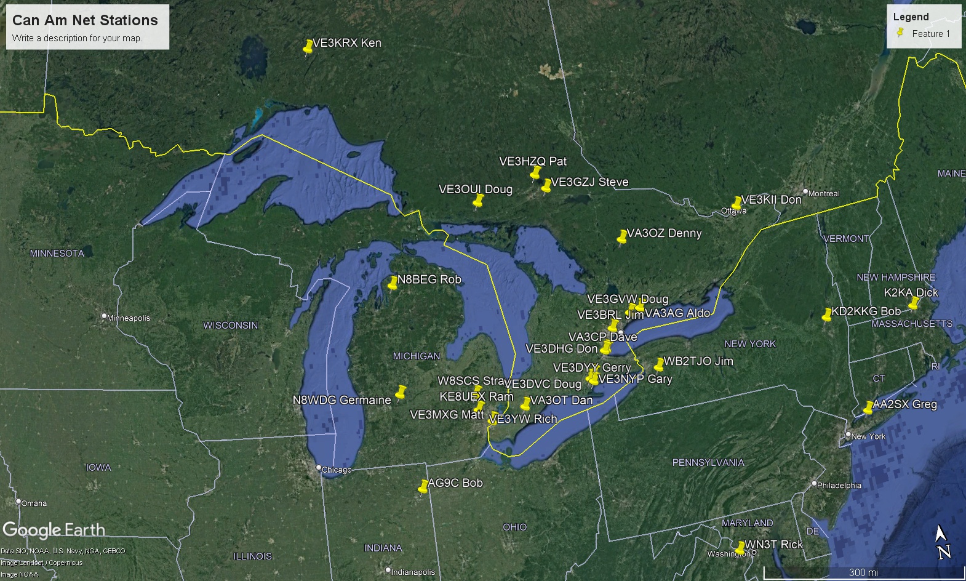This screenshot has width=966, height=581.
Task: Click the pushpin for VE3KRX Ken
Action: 308,47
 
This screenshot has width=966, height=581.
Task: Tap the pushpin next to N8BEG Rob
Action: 393,283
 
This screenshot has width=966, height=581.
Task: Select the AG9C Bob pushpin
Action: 423,487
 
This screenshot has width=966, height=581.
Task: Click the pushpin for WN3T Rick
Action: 740,548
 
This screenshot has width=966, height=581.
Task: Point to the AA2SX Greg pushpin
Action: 868,407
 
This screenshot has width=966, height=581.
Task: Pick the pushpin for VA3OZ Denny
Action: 622,237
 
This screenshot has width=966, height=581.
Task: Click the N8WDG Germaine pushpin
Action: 401,392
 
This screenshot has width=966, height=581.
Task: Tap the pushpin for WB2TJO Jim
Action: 659,364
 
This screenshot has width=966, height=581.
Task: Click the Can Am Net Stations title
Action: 85,20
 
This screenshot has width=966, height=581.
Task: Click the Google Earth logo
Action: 54,530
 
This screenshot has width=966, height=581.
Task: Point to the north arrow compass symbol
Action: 943,542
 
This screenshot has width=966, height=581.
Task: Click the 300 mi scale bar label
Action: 863,572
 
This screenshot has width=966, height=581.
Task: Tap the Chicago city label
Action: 336,470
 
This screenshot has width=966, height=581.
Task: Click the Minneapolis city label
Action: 128,318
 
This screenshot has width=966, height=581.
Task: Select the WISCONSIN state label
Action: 231,325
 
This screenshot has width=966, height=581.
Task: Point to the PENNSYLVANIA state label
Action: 708,462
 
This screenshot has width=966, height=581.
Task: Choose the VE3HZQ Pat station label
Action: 533,161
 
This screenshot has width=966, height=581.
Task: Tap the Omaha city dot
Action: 19,502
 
